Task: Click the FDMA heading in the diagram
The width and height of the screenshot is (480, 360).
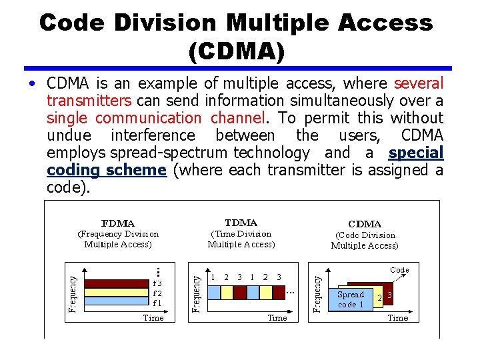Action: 117,223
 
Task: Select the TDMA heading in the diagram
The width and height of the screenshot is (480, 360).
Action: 241,223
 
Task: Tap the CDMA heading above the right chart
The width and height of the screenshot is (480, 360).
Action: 365,224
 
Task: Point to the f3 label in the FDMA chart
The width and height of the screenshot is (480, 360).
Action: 157,283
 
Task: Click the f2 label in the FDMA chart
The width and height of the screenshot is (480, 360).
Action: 157,292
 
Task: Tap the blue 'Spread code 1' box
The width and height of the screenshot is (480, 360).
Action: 351,299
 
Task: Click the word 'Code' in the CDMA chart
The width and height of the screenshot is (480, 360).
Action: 399,270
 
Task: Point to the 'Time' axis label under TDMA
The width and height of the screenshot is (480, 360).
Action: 277,318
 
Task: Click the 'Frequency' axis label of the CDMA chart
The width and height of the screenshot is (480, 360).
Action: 318,289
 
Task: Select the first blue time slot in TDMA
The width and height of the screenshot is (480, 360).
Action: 215,293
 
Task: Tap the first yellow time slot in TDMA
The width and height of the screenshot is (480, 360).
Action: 227,293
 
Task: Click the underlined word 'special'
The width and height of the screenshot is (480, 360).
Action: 415,153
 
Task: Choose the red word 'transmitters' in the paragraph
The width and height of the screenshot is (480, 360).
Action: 89,101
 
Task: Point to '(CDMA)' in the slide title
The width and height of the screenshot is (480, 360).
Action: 237,52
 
